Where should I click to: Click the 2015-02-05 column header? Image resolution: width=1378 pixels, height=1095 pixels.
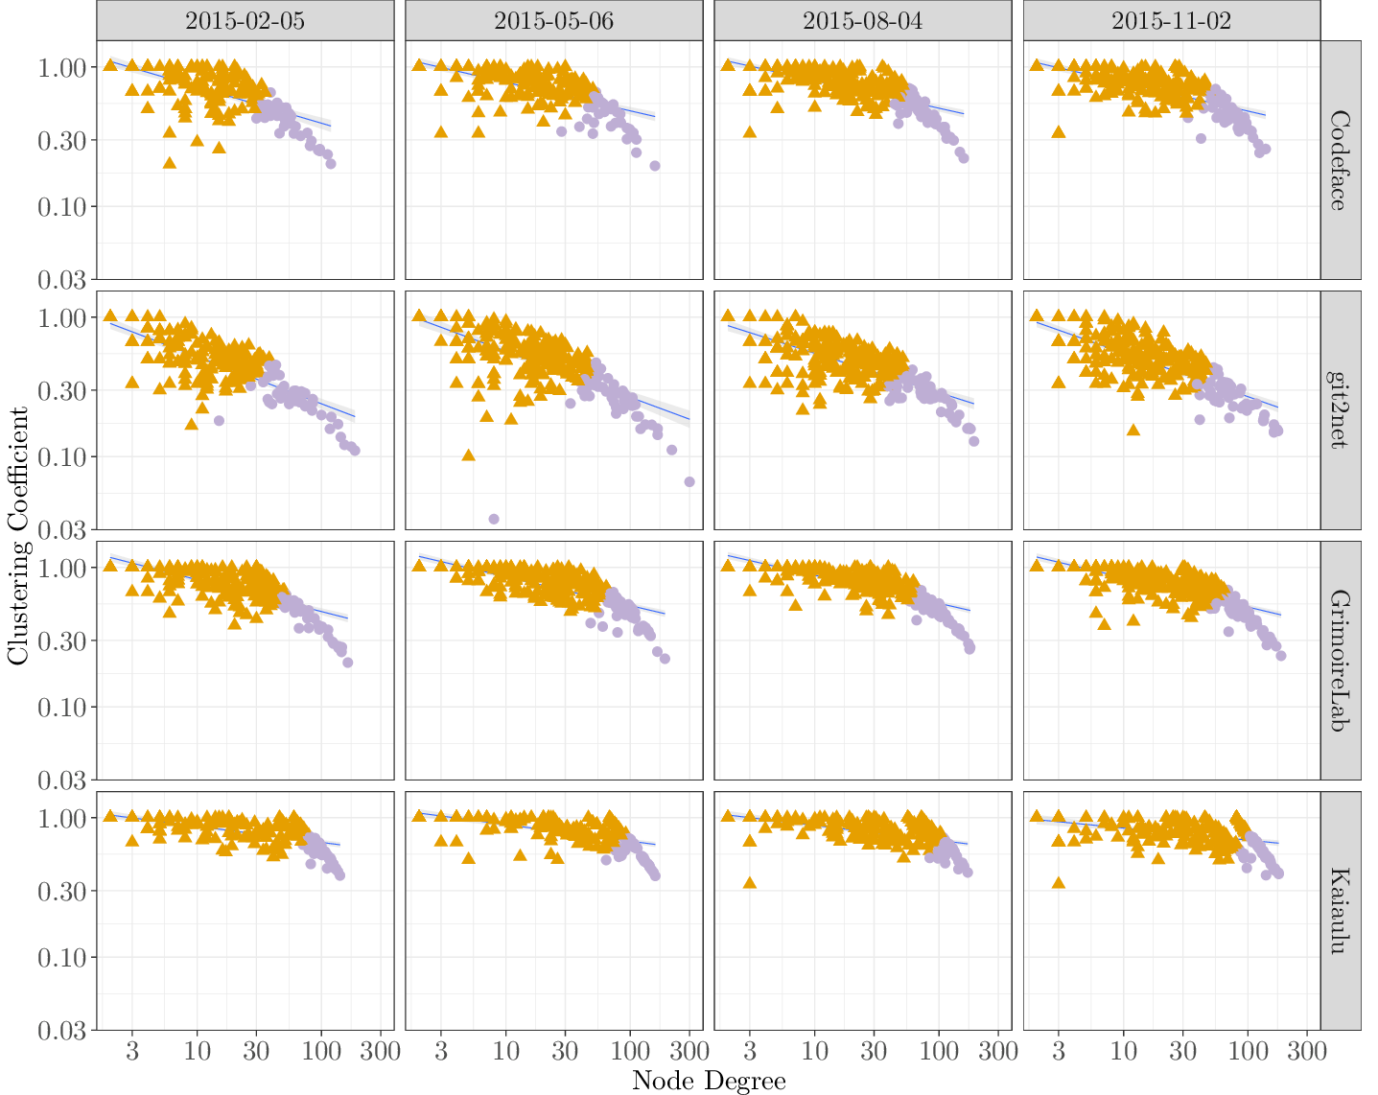[245, 20]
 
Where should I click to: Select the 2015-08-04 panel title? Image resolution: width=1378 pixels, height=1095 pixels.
[863, 20]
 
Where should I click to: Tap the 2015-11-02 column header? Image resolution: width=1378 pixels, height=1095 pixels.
[1172, 20]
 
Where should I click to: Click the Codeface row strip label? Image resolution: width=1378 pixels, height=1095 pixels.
[1341, 160]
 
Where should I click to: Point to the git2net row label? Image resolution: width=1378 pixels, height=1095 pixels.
[1341, 410]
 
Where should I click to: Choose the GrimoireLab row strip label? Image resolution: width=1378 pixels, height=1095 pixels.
[1341, 661]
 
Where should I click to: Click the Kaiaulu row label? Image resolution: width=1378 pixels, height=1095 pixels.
[1341, 911]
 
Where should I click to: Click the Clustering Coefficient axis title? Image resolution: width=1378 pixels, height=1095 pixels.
[17, 535]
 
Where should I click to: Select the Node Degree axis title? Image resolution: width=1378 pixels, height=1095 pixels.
[709, 1081]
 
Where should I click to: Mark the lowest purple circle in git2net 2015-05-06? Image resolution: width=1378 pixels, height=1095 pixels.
[494, 519]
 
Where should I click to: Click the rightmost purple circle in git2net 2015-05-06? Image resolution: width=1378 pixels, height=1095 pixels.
[689, 481]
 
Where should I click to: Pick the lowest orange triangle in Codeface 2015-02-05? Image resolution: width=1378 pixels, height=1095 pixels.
[170, 162]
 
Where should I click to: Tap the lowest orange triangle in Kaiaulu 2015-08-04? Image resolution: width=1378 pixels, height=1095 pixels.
[750, 882]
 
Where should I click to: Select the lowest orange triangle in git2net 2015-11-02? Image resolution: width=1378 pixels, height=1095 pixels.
[1133, 430]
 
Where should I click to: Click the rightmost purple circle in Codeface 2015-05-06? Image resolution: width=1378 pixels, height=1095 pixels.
[655, 166]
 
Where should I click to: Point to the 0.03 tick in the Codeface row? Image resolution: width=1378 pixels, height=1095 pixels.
[66, 279]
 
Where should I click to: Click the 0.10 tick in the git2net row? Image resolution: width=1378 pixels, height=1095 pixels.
[66, 456]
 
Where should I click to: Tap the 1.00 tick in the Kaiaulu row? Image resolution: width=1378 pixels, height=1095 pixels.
[66, 818]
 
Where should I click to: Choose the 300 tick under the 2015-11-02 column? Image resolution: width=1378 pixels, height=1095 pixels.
[1307, 1051]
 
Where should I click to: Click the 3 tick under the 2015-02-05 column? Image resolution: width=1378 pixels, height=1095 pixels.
[132, 1051]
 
